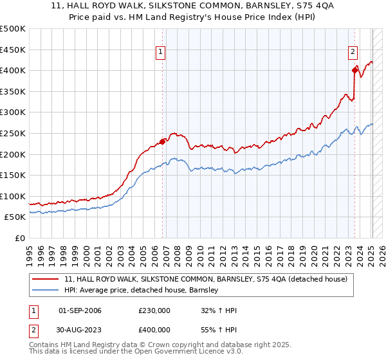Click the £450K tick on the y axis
pyautogui.click(x=13, y=50)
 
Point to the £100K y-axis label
pyautogui.click(x=13, y=196)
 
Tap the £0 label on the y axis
pyautogui.click(x=19, y=238)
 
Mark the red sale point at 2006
pyautogui.click(x=162, y=141)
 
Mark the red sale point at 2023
pyautogui.click(x=354, y=71)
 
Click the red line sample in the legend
pyautogui.click(x=46, y=279)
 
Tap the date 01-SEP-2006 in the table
pyautogui.click(x=80, y=310)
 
